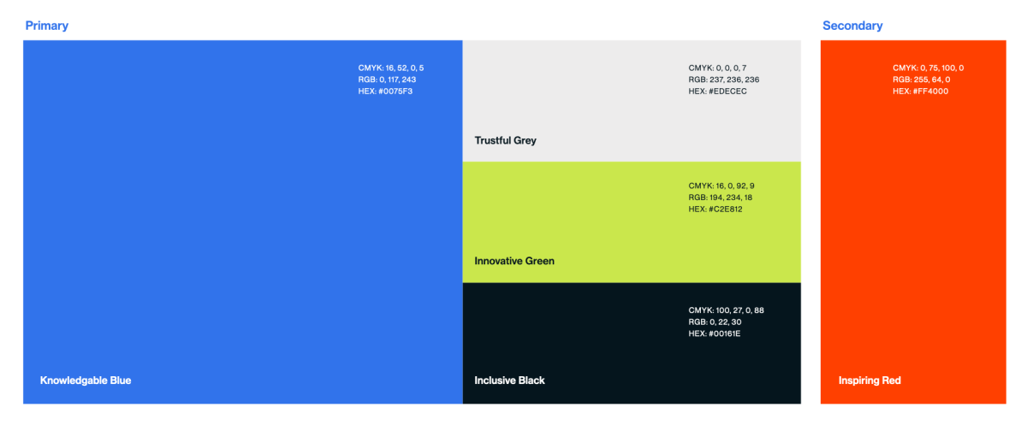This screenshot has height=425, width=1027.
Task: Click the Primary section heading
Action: pos(47,26)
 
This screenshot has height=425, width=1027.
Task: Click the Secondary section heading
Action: pos(852,26)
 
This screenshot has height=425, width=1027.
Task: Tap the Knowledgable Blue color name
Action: pos(86,381)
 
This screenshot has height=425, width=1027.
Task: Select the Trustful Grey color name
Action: pos(505,140)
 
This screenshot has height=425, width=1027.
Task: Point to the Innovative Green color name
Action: pos(514,261)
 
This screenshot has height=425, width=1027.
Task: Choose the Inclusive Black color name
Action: pos(509,381)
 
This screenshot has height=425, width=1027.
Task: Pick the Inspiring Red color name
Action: pos(870,381)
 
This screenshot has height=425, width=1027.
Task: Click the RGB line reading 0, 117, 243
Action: pos(387,80)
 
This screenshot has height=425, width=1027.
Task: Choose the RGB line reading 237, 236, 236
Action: pos(724,80)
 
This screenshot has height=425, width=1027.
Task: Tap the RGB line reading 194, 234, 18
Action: pos(721,198)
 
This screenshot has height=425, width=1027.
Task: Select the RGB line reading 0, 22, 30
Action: pos(715,322)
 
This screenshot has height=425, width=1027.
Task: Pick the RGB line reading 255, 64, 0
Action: pos(922,80)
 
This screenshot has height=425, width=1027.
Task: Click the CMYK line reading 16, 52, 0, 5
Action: pos(391,68)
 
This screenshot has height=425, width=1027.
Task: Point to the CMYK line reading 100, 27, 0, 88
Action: pos(727,310)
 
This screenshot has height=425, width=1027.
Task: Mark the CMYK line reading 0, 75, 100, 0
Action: pos(929,68)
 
